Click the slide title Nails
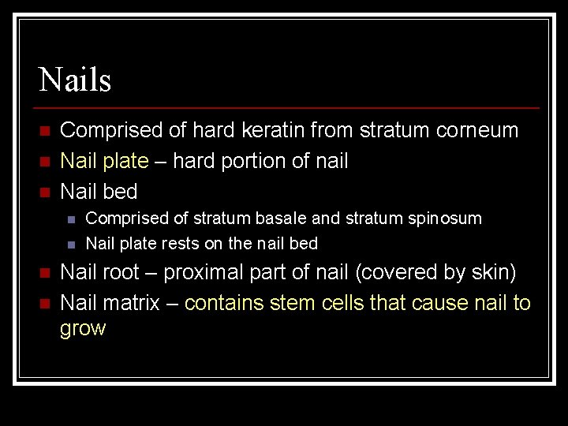75,80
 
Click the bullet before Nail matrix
46,304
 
